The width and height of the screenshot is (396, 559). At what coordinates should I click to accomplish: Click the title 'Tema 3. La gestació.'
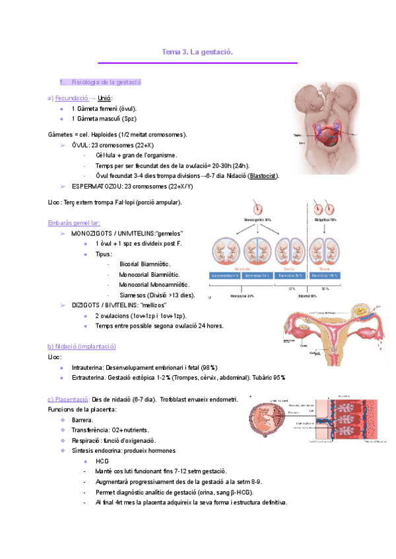point(197,51)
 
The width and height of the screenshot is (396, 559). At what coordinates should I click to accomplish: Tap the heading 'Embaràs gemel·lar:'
point(73,223)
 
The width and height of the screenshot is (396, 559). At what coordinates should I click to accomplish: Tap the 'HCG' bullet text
point(102,461)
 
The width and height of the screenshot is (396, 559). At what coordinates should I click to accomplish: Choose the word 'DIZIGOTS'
point(85,305)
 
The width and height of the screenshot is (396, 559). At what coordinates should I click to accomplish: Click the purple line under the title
point(197,63)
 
